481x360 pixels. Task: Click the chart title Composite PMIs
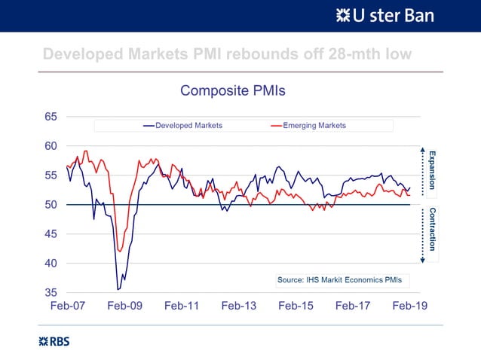pyautogui.click(x=232, y=91)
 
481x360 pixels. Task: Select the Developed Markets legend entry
pyautogui.click(x=188, y=125)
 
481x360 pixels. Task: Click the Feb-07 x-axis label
pyautogui.click(x=68, y=307)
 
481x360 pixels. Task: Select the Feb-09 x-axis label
pyautogui.click(x=125, y=307)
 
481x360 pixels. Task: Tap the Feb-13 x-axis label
pyautogui.click(x=239, y=307)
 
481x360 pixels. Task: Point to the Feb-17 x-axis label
pyautogui.click(x=353, y=307)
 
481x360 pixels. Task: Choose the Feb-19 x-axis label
pyautogui.click(x=409, y=307)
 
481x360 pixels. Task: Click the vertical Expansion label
pyautogui.click(x=432, y=169)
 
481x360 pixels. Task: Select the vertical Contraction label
pyautogui.click(x=432, y=229)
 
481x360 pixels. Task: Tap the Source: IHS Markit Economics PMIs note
pyautogui.click(x=339, y=279)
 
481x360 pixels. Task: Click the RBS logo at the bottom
pyautogui.click(x=54, y=341)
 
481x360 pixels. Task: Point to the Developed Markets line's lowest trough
pyautogui.click(x=118, y=289)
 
